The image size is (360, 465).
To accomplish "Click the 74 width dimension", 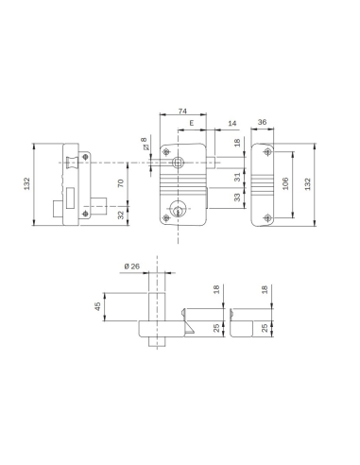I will [182, 112].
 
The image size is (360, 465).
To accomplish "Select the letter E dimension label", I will [191, 124].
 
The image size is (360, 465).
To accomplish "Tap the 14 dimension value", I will [232, 124].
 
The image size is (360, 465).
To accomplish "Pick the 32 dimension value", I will [120, 214].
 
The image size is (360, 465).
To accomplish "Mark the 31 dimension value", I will [236, 177].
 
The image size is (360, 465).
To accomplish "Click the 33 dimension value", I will [236, 198].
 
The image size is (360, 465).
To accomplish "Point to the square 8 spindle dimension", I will [144, 146].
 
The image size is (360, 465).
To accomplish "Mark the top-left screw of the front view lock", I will [167, 151].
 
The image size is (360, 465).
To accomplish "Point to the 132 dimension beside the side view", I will [27, 183].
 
